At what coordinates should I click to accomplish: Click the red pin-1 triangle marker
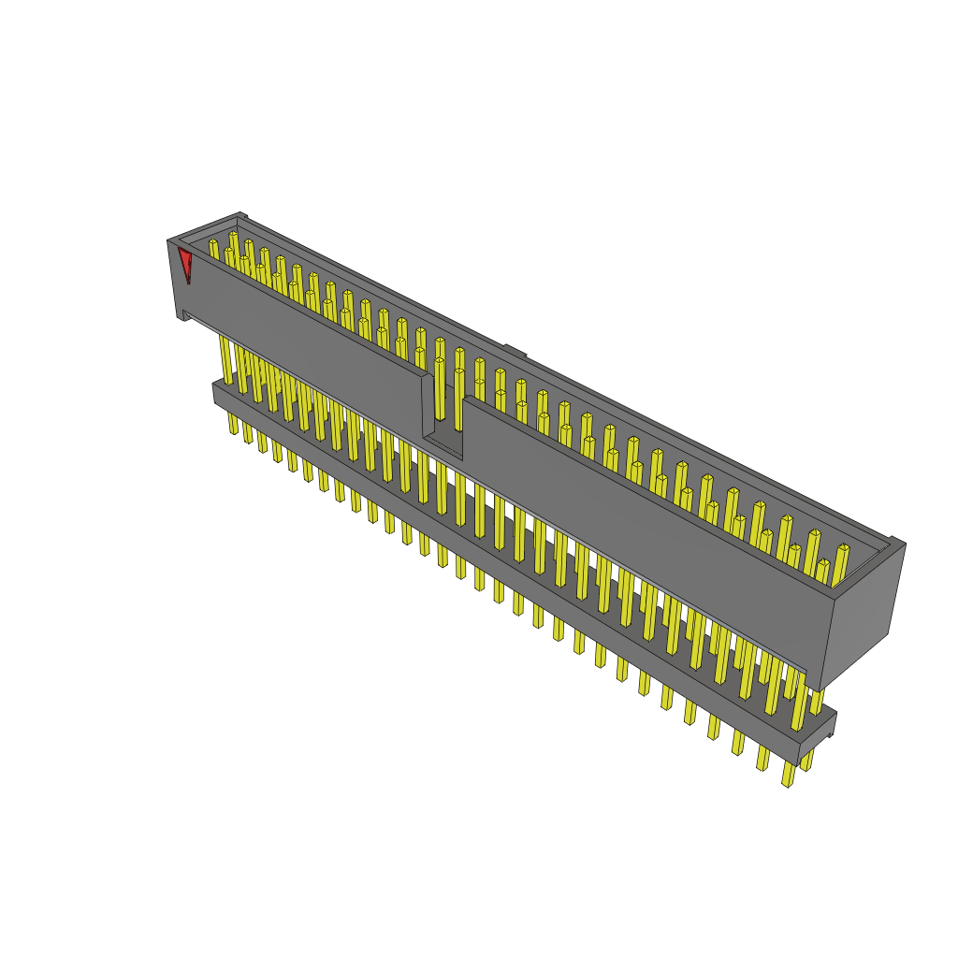[185, 262]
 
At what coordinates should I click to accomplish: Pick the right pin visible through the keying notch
[458, 398]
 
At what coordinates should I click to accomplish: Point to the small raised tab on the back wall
[515, 352]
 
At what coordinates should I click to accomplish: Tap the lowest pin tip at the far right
[788, 776]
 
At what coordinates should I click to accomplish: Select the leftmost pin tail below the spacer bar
[233, 423]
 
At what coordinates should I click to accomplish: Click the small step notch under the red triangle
[186, 315]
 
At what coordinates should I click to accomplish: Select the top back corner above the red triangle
[240, 216]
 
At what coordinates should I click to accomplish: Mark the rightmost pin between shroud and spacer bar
[816, 702]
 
